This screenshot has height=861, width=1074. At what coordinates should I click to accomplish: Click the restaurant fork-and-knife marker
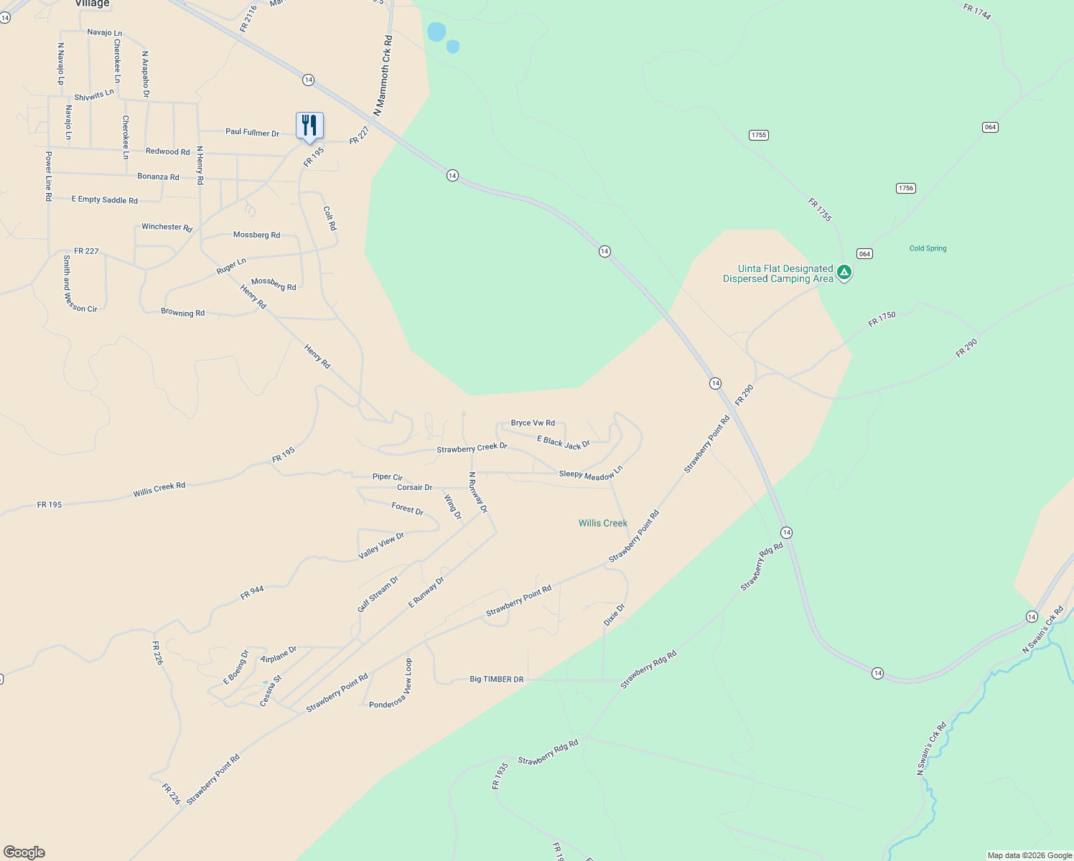coord(309,126)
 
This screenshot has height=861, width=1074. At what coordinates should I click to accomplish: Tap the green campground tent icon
coord(845,272)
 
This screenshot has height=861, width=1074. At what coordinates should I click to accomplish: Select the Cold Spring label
coord(928,248)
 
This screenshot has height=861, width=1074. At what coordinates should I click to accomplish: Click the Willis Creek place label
coord(602,523)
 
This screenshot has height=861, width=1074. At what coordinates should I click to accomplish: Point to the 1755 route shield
coord(758,135)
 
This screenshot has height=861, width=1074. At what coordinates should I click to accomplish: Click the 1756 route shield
coord(905,188)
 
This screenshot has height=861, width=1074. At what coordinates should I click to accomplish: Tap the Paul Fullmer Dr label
coord(252,132)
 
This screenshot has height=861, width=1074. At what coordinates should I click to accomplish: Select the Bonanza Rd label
coord(158,177)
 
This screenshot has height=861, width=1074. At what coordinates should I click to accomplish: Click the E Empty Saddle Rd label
coord(105,199)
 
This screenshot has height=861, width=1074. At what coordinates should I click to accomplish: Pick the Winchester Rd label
coord(167,227)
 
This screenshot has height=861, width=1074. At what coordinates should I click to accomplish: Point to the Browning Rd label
coord(182,313)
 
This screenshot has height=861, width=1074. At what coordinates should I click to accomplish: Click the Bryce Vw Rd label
coord(533,423)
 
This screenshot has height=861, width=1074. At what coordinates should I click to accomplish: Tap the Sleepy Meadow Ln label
coord(591,474)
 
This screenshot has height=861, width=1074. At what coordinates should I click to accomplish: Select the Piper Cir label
coord(388,476)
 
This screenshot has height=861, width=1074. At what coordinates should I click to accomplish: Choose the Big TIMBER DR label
coord(496,679)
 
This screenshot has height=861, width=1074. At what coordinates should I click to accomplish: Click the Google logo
coord(24,852)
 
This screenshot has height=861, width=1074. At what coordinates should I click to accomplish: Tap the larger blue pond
coord(436,32)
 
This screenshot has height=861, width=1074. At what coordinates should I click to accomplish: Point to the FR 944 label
coord(252,593)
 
